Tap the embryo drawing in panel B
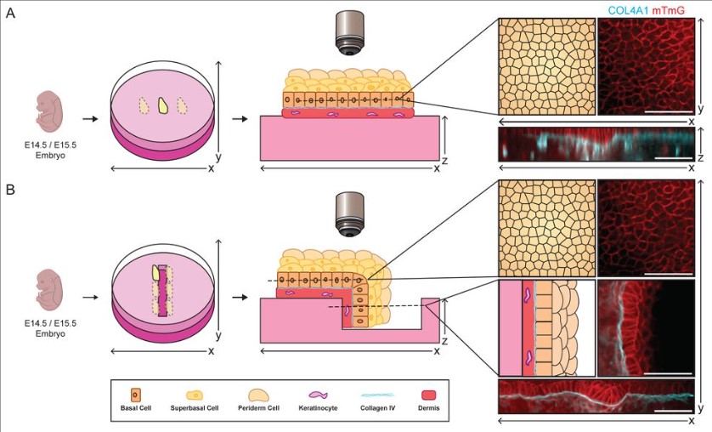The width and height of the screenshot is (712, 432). (x=51, y=294)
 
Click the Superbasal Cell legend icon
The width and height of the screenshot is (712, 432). (x=194, y=395)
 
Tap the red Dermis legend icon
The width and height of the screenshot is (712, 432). (x=431, y=395)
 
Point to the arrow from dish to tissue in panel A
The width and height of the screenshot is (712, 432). (x=239, y=116)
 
